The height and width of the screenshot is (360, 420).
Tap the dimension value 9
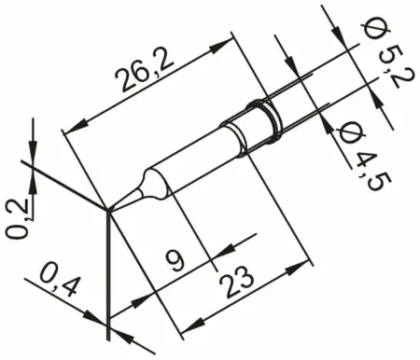tap(194, 256)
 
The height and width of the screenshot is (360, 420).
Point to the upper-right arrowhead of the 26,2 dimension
tap(227, 44)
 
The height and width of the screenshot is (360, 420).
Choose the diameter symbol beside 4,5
tap(343, 131)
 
